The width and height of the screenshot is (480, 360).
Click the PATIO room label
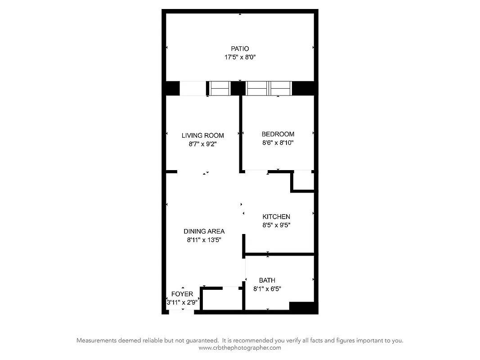240,49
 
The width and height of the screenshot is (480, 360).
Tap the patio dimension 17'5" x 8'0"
240,57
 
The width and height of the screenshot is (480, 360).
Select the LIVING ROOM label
202,135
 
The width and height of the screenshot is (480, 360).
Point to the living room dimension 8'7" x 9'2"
202,144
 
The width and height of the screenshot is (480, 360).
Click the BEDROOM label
278,134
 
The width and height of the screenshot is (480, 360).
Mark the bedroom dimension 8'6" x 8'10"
278,143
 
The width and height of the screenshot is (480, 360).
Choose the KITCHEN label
276,217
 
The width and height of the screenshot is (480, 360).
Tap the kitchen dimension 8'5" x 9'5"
276,225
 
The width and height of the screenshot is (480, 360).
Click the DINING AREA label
204,231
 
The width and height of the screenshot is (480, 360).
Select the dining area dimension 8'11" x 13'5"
204,240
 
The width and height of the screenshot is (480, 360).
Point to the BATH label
267,280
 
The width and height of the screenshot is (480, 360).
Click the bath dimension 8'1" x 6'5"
267,289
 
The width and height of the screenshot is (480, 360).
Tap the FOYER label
182,294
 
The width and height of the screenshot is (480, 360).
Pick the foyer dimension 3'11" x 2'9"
182,302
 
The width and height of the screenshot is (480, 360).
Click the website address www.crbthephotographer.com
240,347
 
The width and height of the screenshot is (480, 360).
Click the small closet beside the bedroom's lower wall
303,181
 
